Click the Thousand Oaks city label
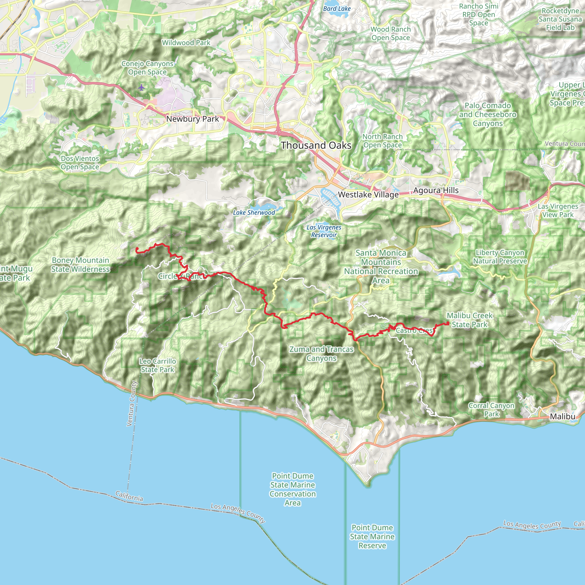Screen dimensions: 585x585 coord(316,145)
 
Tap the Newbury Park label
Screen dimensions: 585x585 coord(192,119)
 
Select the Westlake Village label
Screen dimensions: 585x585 coord(368,195)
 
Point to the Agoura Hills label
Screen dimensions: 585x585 coord(436,191)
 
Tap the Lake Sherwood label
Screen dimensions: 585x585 coord(254,213)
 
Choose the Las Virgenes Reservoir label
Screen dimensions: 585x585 coord(324,231)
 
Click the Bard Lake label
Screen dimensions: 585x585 coord(336,9)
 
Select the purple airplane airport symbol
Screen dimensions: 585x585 coord(141,88)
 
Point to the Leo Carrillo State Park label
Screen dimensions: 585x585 coord(157,365)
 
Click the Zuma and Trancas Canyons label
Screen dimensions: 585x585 coord(321,354)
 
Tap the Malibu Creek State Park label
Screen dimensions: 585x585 coord(470,320)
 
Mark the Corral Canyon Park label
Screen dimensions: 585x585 coord(491,410)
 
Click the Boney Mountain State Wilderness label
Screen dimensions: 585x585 coord(80,265)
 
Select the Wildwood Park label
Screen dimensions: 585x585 coord(186,43)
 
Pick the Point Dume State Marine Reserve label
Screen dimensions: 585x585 coord(372,536)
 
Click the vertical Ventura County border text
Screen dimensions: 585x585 coord(132,404)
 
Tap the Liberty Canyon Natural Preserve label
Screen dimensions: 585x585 coord(500,257)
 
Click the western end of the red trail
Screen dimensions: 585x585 coord(137,249)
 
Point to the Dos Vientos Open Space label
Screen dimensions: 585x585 coord(80,163)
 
